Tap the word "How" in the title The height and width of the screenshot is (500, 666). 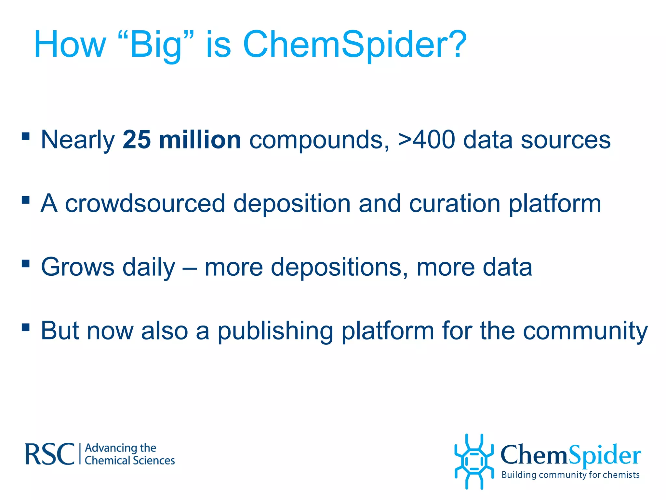point(70,45)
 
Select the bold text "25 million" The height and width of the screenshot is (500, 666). point(181,140)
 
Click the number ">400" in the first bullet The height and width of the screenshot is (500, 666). point(426,140)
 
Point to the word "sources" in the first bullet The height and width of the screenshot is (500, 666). point(566,140)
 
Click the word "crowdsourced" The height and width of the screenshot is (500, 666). point(145,204)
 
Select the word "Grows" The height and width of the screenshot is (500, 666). point(77,267)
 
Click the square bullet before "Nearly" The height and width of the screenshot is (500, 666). point(26,136)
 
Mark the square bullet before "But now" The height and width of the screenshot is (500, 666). point(26,327)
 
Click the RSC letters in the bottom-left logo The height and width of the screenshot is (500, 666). point(50,454)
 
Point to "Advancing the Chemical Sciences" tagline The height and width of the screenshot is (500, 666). point(129,454)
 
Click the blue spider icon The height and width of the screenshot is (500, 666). point(474,461)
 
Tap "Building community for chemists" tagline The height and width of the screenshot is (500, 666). point(570,475)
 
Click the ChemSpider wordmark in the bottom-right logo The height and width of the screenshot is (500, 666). point(570,455)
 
